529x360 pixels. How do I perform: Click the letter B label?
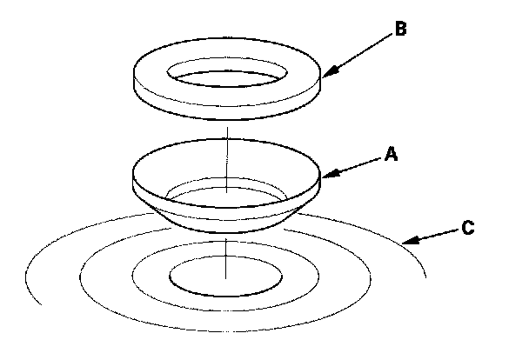(399, 30)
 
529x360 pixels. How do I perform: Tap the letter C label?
(468, 228)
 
